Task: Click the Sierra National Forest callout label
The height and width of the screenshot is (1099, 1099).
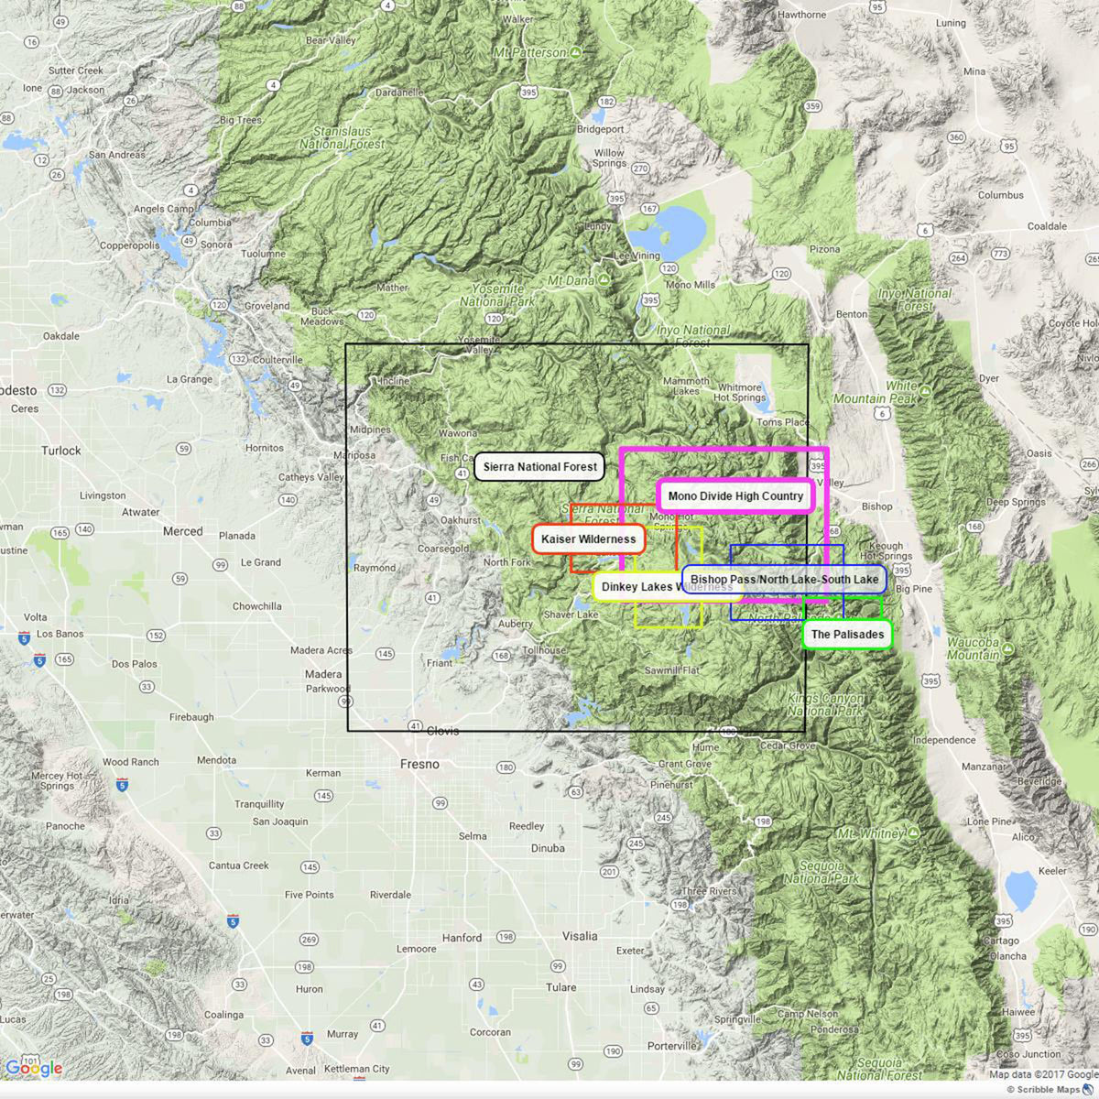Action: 539,467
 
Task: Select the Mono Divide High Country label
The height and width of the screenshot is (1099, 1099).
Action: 735,496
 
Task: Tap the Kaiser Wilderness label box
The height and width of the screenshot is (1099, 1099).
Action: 588,539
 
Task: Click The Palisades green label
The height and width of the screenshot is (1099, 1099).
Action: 847,635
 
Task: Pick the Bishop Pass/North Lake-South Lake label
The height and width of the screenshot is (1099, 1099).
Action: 784,580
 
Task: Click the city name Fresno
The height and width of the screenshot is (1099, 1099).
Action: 419,764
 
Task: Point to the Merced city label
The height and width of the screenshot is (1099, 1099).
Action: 183,531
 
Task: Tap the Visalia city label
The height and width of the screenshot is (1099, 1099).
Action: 579,936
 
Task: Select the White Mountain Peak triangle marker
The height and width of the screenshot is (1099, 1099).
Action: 925,391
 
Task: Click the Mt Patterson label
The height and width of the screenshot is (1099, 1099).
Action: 530,53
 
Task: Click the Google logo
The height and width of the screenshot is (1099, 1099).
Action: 34,1069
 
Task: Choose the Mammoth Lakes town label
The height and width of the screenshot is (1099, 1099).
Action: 686,386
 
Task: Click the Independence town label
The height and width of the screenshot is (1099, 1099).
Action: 944,740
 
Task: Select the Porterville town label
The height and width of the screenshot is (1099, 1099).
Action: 671,1046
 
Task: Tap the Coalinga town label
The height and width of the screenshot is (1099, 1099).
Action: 223,1015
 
